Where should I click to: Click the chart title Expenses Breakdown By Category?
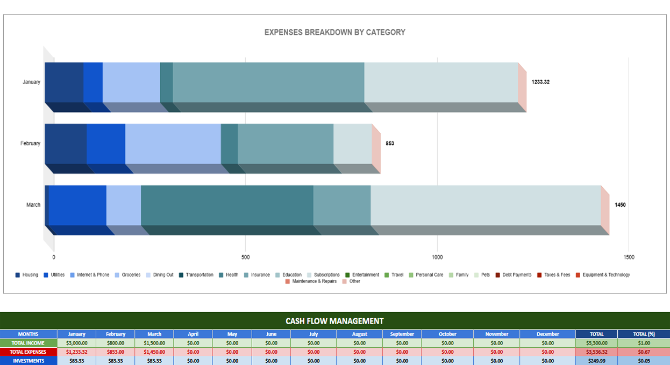pos(334,32)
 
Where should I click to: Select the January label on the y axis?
pos(31,82)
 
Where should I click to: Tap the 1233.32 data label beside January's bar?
pos(540,82)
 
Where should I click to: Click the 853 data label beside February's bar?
pos(390,144)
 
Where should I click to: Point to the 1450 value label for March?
pos(620,205)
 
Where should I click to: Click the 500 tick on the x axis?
pos(245,257)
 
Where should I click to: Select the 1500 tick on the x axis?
pos(629,257)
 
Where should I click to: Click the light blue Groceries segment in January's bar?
pos(131,82)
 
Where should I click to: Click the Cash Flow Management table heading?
pos(334,321)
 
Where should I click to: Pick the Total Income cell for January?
pos(76,343)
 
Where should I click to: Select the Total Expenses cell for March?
pos(154,352)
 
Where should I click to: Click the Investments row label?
pos(28,361)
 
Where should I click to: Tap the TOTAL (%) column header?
pos(644,334)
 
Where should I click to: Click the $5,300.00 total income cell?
pos(596,343)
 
